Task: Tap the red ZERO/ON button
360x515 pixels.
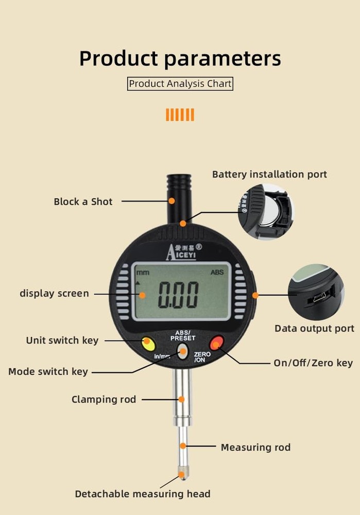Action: click(216, 342)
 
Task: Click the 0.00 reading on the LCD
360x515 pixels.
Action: click(178, 295)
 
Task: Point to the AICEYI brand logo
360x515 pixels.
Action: click(183, 252)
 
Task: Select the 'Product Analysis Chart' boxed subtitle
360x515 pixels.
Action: click(180, 83)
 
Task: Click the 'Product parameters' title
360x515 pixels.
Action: click(180, 58)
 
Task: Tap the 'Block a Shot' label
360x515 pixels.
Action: click(83, 202)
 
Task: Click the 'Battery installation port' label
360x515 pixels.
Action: click(269, 175)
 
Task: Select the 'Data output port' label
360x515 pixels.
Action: click(314, 329)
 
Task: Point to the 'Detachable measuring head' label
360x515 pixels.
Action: click(143, 494)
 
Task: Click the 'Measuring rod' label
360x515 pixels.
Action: click(255, 447)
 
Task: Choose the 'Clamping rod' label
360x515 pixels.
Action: click(104, 399)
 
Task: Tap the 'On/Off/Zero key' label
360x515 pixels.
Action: click(313, 363)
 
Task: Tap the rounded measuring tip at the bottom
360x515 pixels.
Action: click(181, 474)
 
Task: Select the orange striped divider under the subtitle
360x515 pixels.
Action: click(180, 114)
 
